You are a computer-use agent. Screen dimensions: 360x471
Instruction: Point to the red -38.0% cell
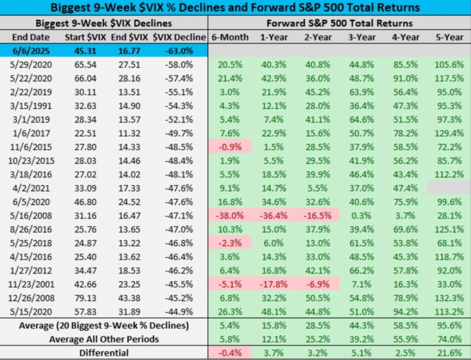(229, 216)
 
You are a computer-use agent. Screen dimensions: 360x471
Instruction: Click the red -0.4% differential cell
(229, 353)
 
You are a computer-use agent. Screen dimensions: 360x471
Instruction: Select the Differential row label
(104, 353)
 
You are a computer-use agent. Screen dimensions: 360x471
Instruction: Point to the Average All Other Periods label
(104, 339)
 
